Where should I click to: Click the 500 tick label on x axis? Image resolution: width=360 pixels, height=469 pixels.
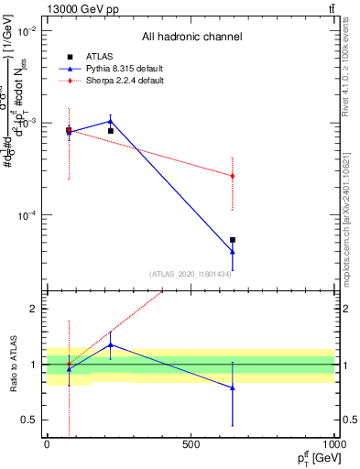(x=191, y=444)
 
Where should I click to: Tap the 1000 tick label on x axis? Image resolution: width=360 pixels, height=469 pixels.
(x=333, y=444)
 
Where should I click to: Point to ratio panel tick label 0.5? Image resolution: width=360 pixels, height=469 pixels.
(x=29, y=420)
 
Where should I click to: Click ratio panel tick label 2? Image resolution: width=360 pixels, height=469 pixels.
(x=33, y=309)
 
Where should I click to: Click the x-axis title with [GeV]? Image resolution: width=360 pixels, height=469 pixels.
(x=315, y=457)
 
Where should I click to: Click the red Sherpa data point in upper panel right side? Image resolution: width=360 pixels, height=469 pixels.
(x=233, y=176)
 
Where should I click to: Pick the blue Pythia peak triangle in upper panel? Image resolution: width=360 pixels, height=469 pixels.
(x=110, y=121)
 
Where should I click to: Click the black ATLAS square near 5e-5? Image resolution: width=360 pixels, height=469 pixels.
(x=233, y=240)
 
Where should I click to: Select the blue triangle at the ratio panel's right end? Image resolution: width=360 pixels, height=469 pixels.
(x=233, y=387)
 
